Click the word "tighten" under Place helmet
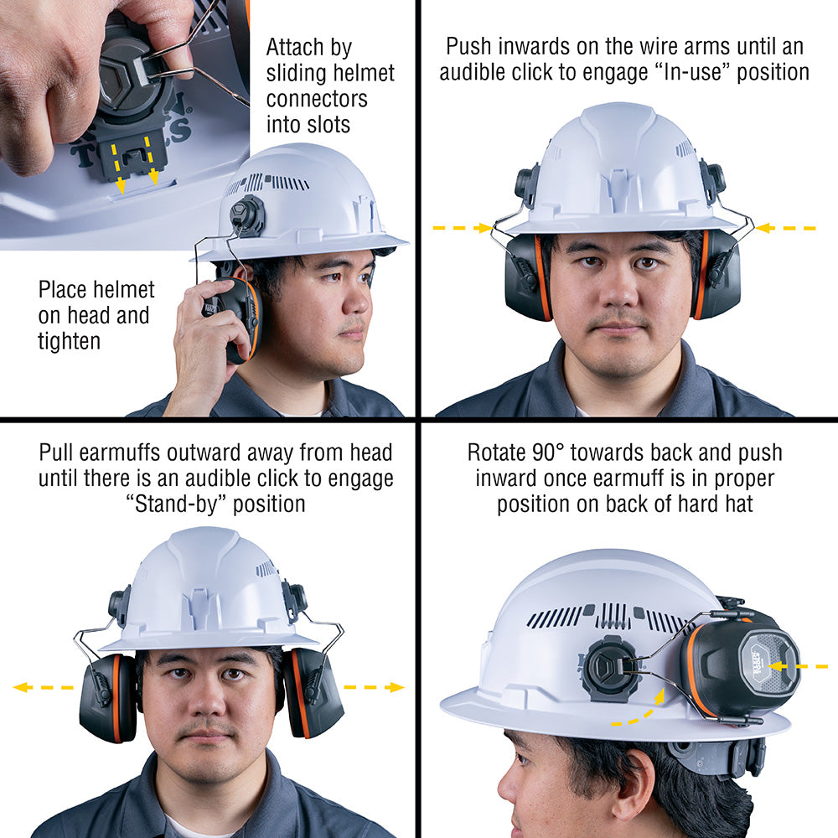[69, 341]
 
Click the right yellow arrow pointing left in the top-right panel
[785, 228]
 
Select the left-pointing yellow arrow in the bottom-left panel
[42, 687]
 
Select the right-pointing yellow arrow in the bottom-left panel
[374, 687]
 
